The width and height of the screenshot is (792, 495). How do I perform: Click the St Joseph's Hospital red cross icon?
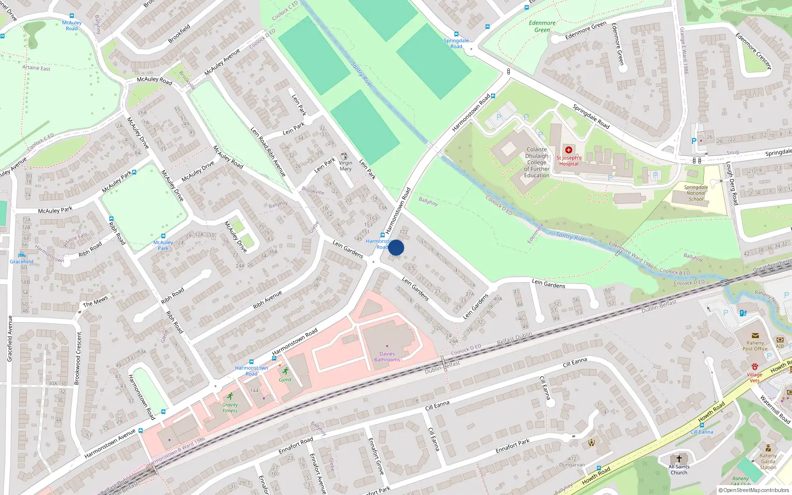pyautogui.click(x=569, y=149)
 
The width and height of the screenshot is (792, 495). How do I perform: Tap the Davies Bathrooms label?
pyautogui.click(x=387, y=357)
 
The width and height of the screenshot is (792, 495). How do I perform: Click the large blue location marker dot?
pyautogui.click(x=396, y=247)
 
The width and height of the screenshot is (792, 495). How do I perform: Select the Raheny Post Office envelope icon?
pyautogui.click(x=755, y=336)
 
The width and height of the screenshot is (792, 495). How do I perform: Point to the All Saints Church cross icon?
pyautogui.click(x=679, y=459)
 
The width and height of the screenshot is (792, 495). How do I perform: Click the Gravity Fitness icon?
pyautogui.click(x=230, y=396)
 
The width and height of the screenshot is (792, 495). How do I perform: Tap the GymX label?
pyautogui.click(x=285, y=380)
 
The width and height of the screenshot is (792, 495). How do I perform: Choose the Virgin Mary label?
pyautogui.click(x=346, y=166)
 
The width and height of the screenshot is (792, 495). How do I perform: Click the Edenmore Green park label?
pyautogui.click(x=542, y=26)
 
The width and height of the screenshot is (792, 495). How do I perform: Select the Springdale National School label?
pyautogui.click(x=695, y=193)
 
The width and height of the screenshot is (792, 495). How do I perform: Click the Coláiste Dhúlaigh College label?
pyautogui.click(x=537, y=162)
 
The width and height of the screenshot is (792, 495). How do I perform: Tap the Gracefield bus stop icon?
pyautogui.click(x=21, y=255)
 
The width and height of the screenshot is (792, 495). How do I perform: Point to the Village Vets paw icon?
pyautogui.click(x=754, y=367)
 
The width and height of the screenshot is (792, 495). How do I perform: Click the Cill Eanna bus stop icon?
pyautogui.click(x=701, y=425)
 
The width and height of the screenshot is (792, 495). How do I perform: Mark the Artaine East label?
pyautogui.click(x=36, y=68)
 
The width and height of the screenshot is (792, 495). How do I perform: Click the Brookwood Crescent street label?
pyautogui.click(x=77, y=358)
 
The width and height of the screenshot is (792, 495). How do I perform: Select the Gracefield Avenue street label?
pyautogui.click(x=9, y=339)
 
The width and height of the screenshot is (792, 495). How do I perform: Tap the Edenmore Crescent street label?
pyautogui.click(x=753, y=51)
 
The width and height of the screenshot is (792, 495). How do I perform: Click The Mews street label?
pyautogui.click(x=95, y=301)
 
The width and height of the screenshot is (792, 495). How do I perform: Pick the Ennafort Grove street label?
pyautogui.click(x=376, y=456)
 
